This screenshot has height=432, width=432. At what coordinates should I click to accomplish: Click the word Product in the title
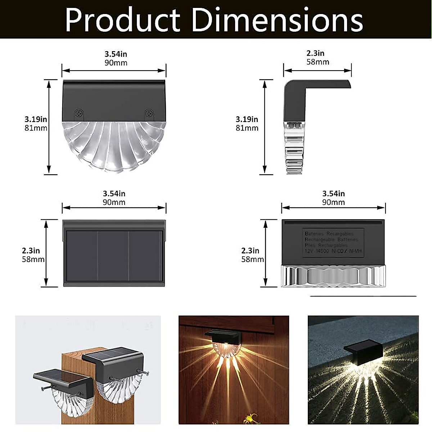122,20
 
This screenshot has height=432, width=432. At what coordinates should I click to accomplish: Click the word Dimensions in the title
277,20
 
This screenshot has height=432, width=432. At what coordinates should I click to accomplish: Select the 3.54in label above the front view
116,54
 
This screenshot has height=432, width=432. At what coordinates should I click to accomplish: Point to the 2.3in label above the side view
315,53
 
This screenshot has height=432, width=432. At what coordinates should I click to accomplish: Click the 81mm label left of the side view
247,128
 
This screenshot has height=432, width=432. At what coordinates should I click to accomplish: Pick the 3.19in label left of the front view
36,119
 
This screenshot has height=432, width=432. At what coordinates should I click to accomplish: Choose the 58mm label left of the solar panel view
33,259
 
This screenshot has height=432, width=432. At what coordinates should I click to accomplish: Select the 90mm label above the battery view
333,202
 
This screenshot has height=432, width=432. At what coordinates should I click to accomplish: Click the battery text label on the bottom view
333,242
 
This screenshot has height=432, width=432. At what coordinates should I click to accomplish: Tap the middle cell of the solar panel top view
113,256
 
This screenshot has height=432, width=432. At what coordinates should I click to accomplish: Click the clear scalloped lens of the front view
114,146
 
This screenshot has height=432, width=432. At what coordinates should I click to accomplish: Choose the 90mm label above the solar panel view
114,202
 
